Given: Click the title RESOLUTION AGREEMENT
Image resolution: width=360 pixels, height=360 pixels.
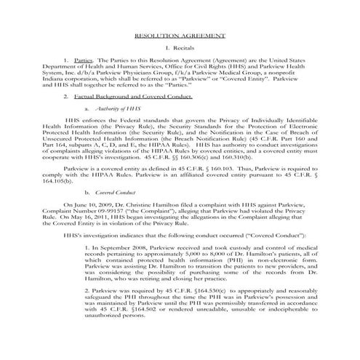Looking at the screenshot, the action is tap(180, 36).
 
